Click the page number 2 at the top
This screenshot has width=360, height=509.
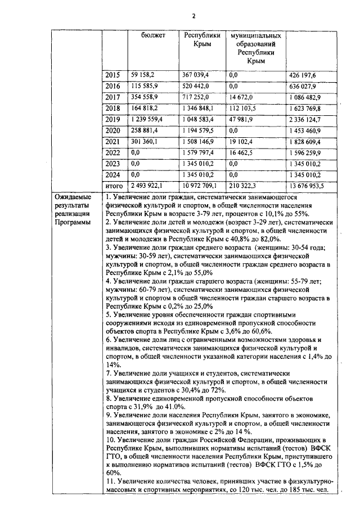[x=193, y=16]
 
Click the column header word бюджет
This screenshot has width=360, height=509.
[x=154, y=35]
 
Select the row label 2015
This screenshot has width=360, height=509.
[x=113, y=75]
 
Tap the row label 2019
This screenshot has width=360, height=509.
[x=113, y=119]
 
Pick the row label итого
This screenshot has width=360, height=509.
[x=114, y=186]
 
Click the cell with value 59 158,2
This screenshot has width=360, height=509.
[x=143, y=75]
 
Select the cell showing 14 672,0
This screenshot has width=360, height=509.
[x=242, y=97]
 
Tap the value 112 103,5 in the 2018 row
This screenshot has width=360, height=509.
[x=243, y=108]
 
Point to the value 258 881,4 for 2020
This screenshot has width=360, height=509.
[x=145, y=130]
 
